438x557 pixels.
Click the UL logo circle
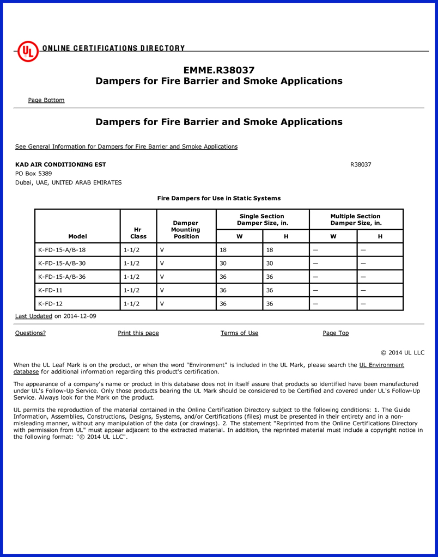pos(28,51)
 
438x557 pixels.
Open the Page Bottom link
pos(46,100)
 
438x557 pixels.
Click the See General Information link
pos(126,146)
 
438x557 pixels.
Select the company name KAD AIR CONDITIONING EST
pos(60,164)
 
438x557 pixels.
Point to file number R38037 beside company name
pos(361,164)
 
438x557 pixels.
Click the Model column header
pos(77,236)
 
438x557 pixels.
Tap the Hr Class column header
pos(138,233)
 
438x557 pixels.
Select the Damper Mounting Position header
pos(186,230)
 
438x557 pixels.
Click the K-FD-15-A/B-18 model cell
pos(62,250)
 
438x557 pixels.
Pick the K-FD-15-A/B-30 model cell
pos(62,264)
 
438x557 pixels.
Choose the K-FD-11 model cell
pos(50,290)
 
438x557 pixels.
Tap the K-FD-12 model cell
pos(50,304)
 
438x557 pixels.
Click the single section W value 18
pos(223,250)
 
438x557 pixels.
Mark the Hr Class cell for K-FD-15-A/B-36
pos(132,277)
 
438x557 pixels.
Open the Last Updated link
pos(34,316)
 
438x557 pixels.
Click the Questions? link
pos(31,333)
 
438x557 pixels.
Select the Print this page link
pos(138,333)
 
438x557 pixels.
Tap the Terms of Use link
pos(239,333)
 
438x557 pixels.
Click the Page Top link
pos(336,333)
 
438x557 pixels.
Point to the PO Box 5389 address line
pos(34,174)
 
